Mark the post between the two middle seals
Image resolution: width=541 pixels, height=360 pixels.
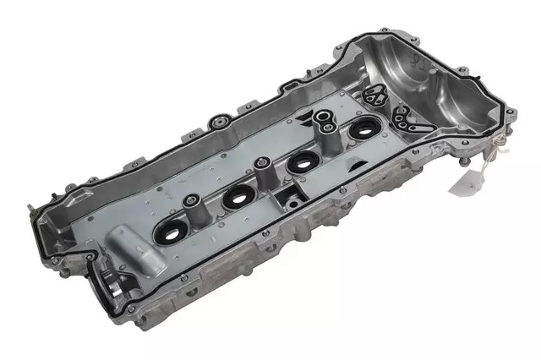(x=264, y=169)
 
